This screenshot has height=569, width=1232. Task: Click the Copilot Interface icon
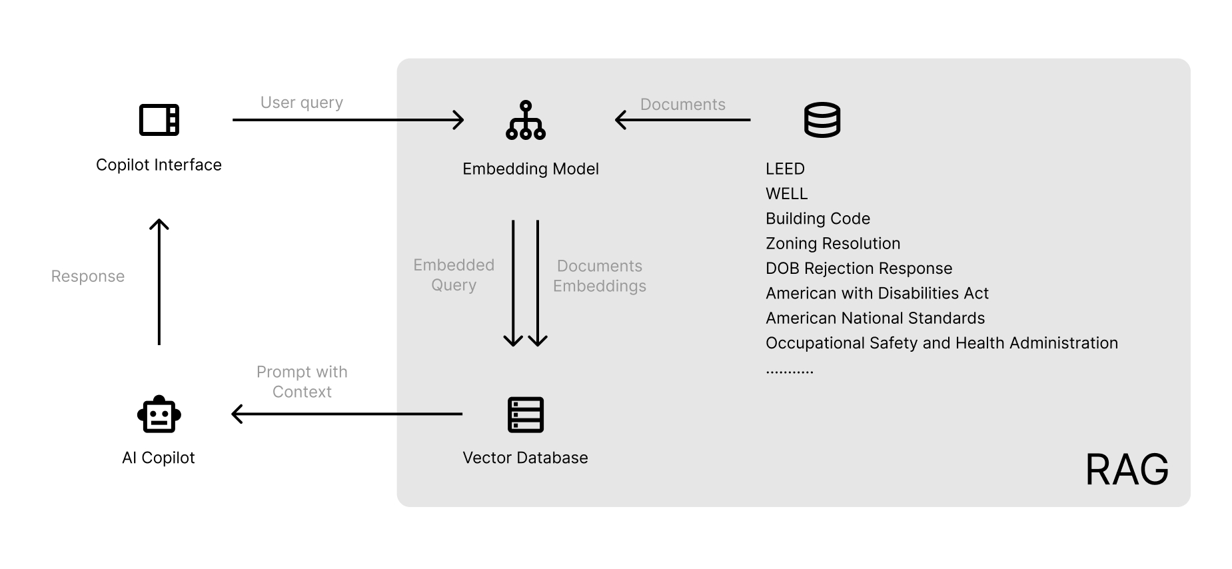pos(159,120)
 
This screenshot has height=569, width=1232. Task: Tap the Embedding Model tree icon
pos(526,120)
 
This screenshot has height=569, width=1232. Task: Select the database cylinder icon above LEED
pos(822,120)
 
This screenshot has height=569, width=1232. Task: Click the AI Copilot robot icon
pos(159,414)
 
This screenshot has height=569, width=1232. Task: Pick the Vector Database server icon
pos(526,414)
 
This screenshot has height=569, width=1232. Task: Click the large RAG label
pos(1127,470)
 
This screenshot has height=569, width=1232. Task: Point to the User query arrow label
pos(302,103)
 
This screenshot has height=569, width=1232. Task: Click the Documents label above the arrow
pos(683,105)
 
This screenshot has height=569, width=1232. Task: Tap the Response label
pos(88,277)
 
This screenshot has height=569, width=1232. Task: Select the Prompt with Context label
pos(302,382)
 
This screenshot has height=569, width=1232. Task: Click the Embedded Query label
pos(454,275)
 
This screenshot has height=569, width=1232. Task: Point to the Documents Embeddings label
pos(600,276)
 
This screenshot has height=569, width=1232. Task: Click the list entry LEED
pos(785,169)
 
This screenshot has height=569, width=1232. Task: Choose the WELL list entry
pos(786,194)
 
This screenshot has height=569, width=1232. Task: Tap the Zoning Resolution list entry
pos(833,244)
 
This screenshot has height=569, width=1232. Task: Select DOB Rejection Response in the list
pos(859,269)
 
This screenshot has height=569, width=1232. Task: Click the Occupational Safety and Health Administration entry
pos(941,343)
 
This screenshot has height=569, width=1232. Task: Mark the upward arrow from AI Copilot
pos(159,282)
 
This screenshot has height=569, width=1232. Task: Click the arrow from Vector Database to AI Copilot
pos(347,414)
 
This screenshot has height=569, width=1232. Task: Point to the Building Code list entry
pos(818,219)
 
